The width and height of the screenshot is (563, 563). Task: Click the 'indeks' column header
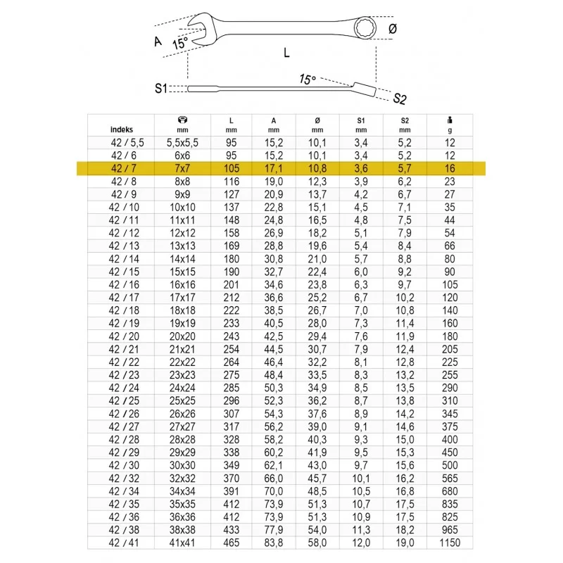[121, 129]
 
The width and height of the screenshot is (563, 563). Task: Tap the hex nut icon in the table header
[182, 120]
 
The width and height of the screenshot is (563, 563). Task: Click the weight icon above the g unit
[450, 120]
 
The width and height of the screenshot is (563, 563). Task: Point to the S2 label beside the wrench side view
[400, 99]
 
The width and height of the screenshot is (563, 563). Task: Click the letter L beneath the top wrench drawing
[286, 53]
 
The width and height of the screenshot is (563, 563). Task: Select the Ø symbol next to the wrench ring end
[393, 29]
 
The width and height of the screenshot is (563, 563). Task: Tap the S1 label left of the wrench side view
[161, 88]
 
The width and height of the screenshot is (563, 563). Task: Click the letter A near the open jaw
[158, 42]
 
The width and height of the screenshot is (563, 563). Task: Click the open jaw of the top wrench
[198, 30]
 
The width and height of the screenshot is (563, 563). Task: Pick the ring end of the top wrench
[365, 27]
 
